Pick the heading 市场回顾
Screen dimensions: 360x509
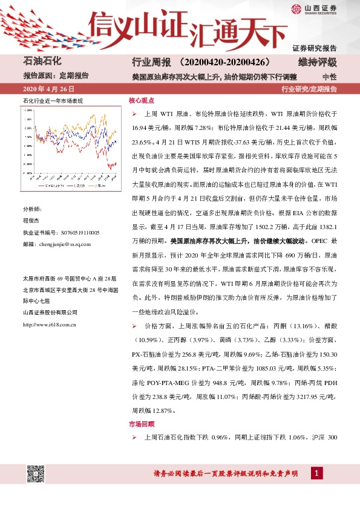click(x=142, y=424)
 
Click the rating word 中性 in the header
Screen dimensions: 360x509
click(x=330, y=77)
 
